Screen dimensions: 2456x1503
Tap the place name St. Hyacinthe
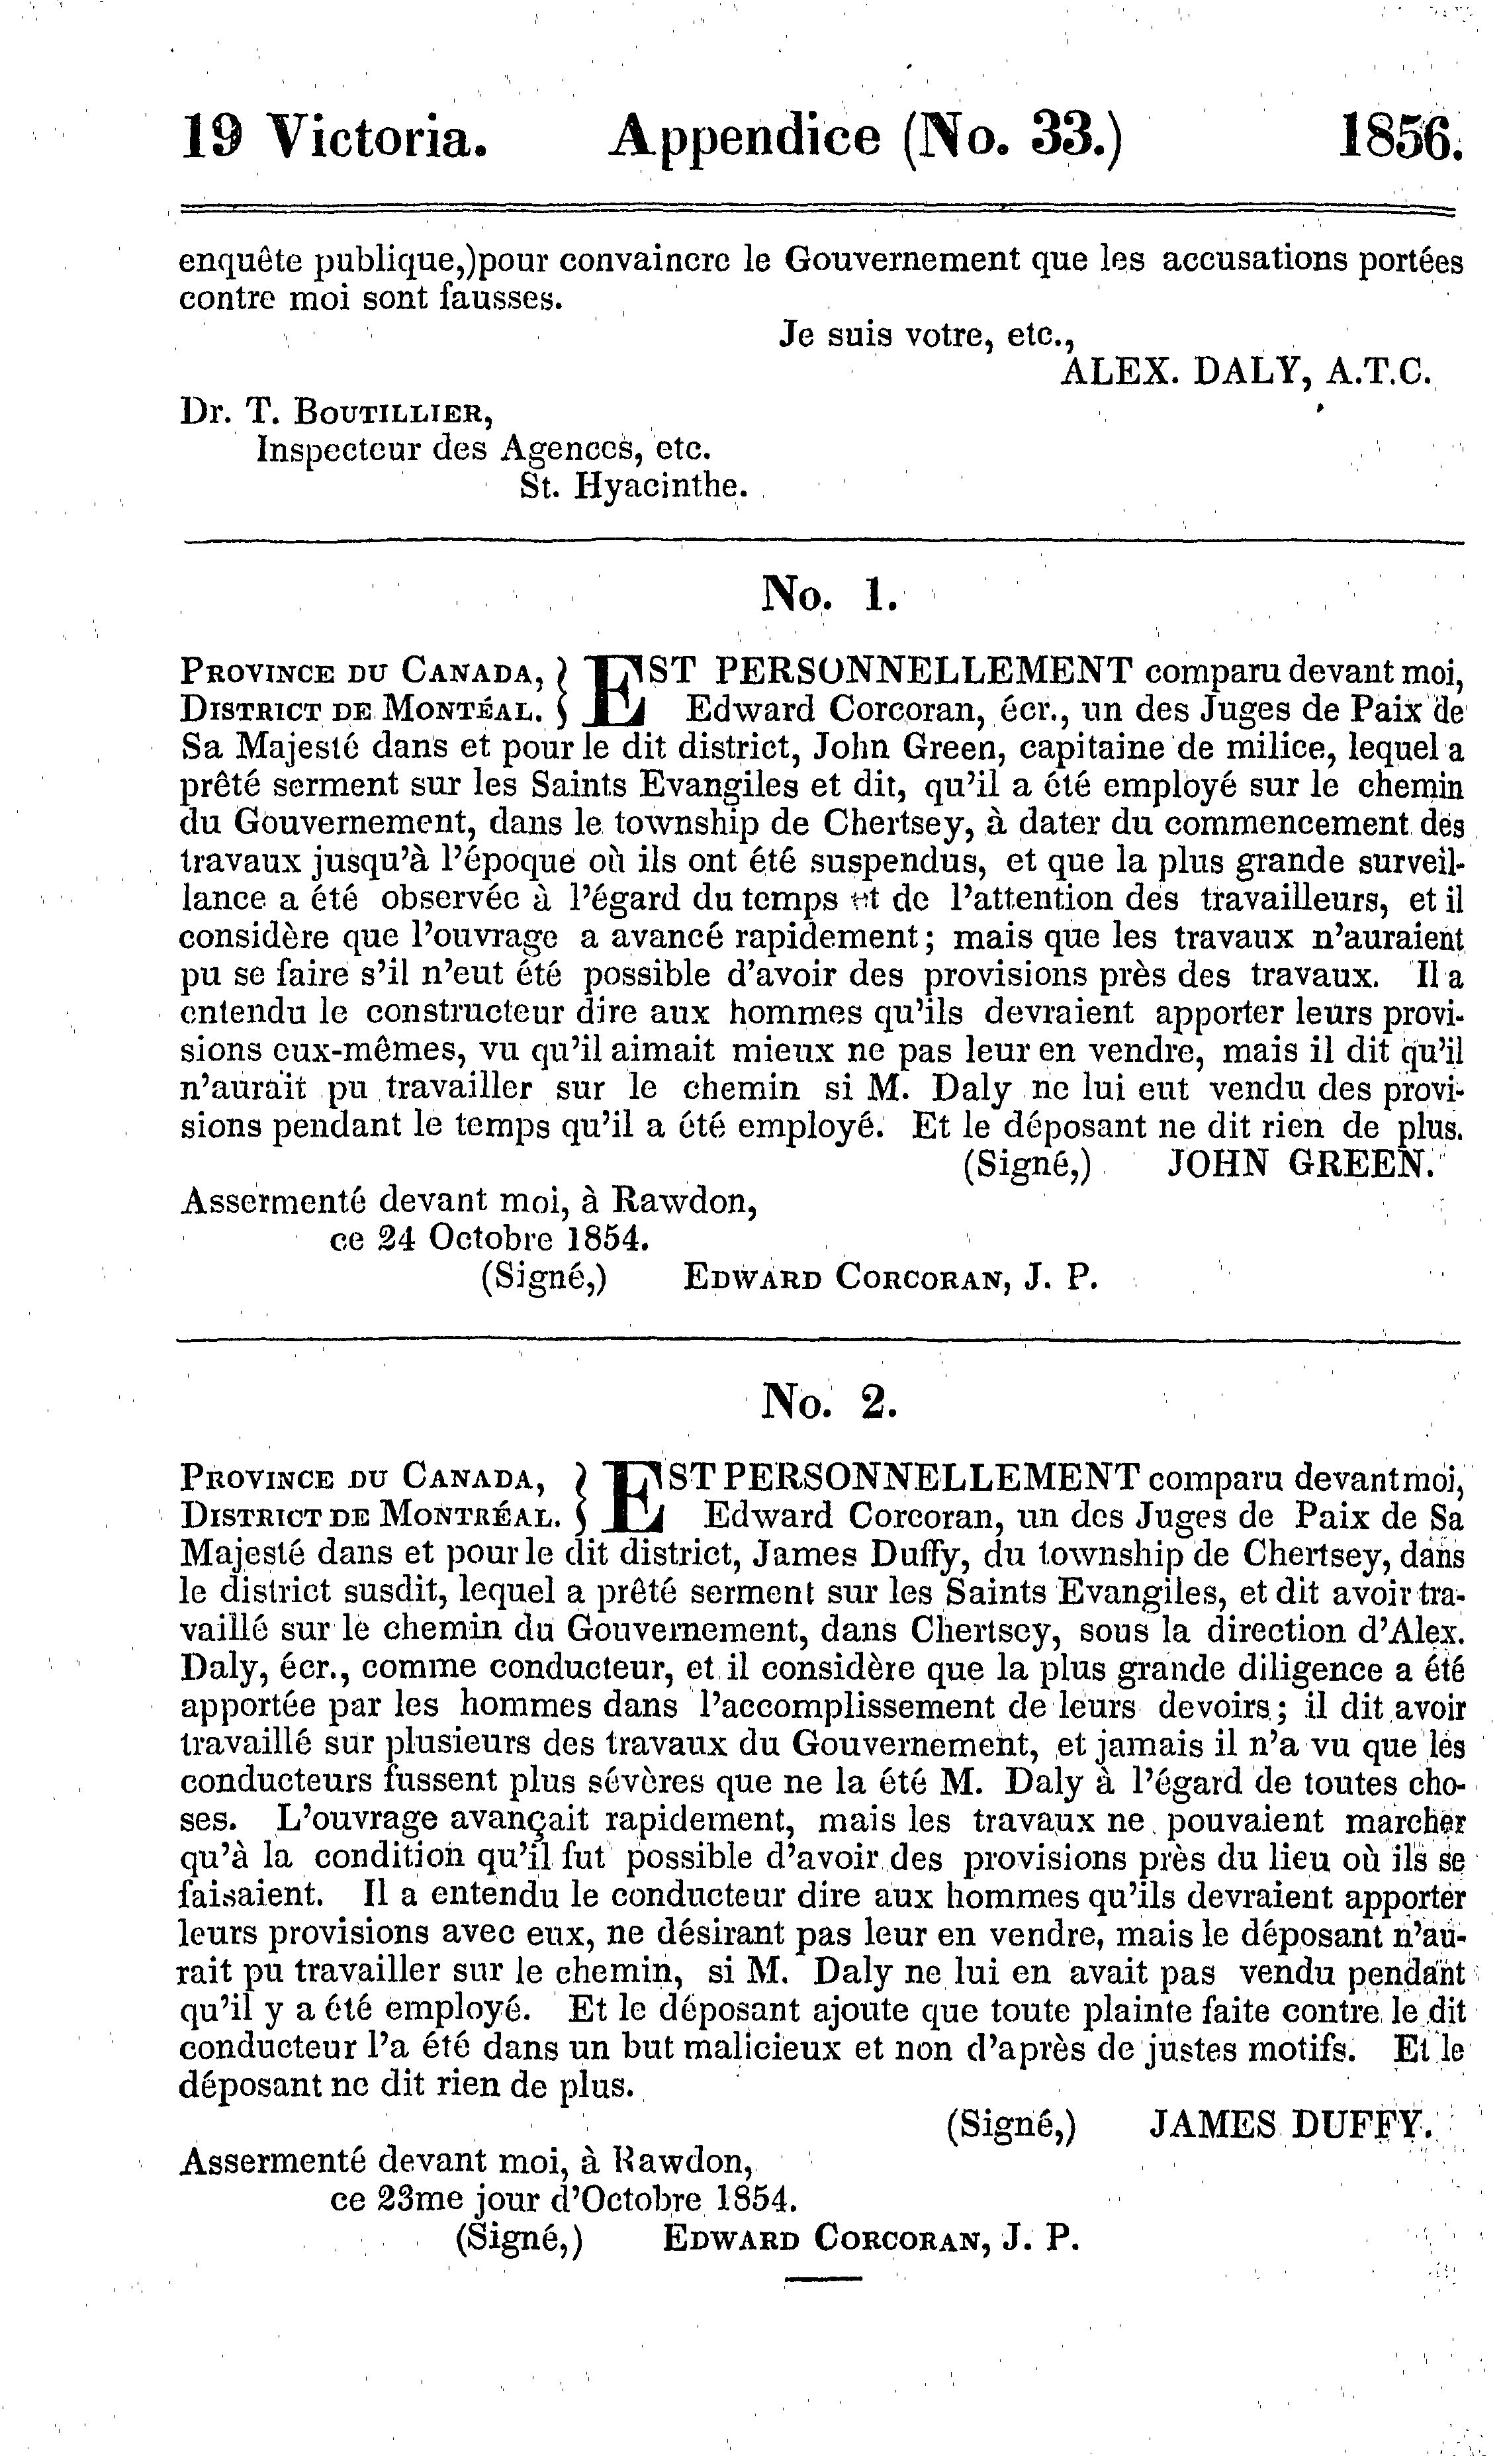point(634,485)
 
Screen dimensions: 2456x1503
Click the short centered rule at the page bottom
point(823,2279)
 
